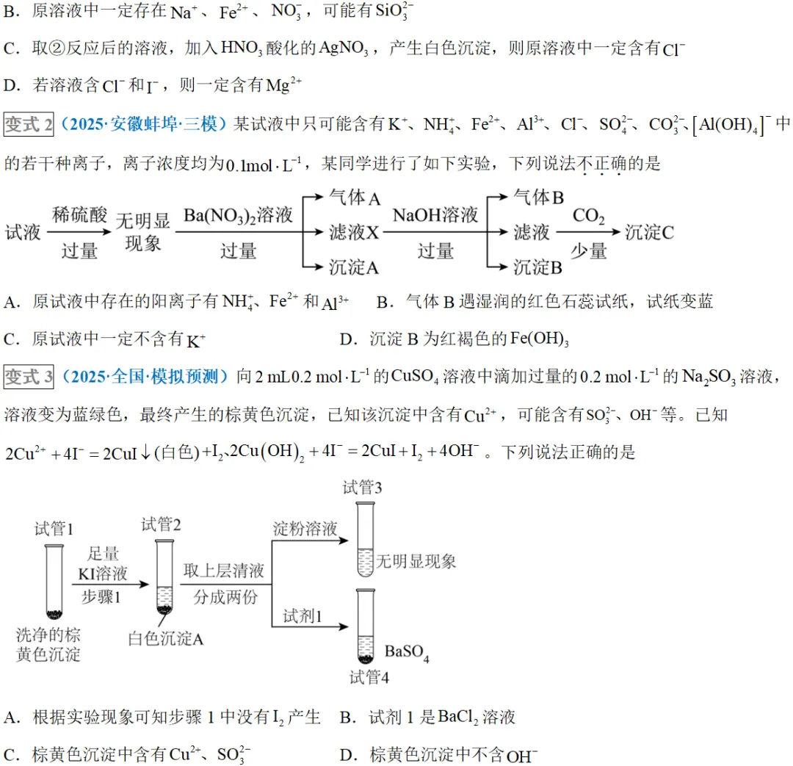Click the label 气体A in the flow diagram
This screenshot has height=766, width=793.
pyautogui.click(x=354, y=198)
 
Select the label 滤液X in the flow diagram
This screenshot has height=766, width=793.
pyautogui.click(x=354, y=233)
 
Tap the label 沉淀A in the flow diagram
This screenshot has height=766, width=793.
pyautogui.click(x=354, y=267)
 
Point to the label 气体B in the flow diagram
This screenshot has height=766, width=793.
pyautogui.click(x=538, y=197)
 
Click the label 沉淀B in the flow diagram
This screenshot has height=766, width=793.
pyautogui.click(x=537, y=267)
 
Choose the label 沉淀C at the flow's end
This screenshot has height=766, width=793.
pyautogui.click(x=650, y=233)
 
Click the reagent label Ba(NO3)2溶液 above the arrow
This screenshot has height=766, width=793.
pyautogui.click(x=239, y=216)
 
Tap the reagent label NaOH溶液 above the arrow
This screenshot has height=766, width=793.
pyautogui.click(x=435, y=215)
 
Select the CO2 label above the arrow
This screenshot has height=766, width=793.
pyautogui.click(x=588, y=216)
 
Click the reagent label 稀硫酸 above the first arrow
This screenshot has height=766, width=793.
pyautogui.click(x=79, y=215)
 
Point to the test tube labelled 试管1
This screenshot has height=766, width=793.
pyautogui.click(x=54, y=580)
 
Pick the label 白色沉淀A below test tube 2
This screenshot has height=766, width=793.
pyautogui.click(x=165, y=638)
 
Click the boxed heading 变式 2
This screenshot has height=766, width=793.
pyautogui.click(x=29, y=124)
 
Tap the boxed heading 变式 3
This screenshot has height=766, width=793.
pyautogui.click(x=29, y=377)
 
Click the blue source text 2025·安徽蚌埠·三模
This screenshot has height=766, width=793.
pyautogui.click(x=144, y=124)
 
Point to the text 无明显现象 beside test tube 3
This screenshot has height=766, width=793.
pyautogui.click(x=416, y=562)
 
